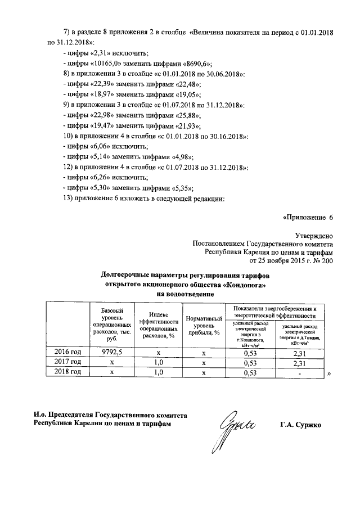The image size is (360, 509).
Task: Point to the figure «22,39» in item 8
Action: [x=98, y=84]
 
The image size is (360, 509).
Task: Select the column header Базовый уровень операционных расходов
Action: [x=111, y=326]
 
